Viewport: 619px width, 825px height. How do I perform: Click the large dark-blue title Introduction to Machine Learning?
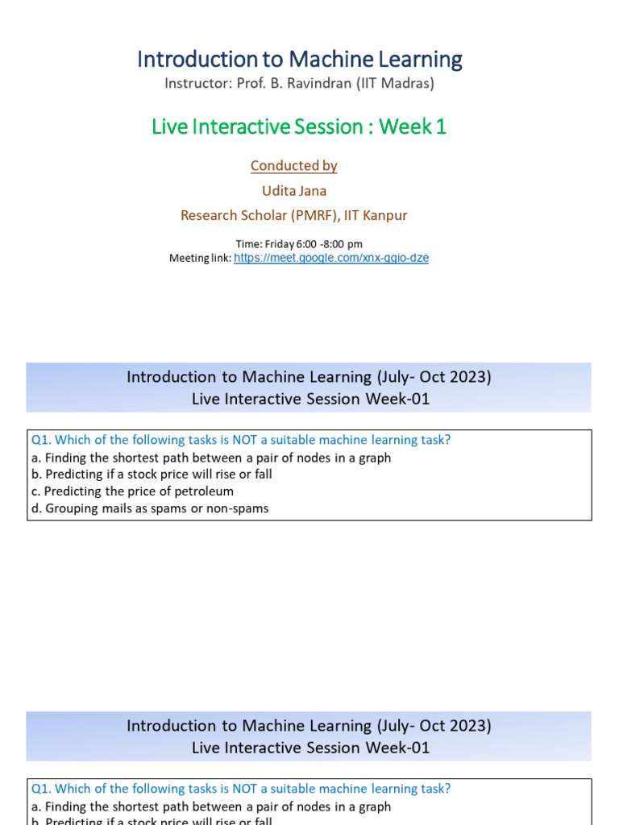pyautogui.click(x=299, y=60)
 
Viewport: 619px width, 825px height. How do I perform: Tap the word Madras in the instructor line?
pyautogui.click(x=406, y=83)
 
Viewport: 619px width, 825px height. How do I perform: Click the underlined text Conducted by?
pyautogui.click(x=293, y=166)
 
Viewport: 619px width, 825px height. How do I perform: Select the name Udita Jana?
pyautogui.click(x=293, y=190)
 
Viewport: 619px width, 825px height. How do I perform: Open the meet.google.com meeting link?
pyautogui.click(x=331, y=258)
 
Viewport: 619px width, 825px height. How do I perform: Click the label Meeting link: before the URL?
pyautogui.click(x=200, y=258)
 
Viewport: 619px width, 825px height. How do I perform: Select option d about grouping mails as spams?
pyautogui.click(x=150, y=508)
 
